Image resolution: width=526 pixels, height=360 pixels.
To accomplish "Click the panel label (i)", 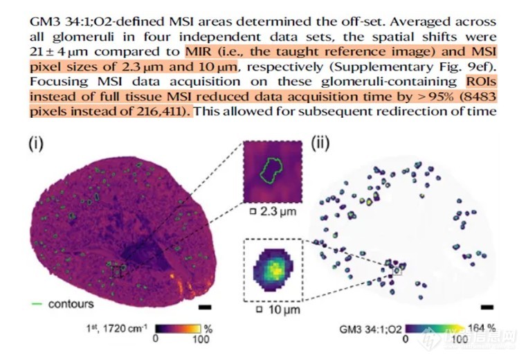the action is tap(36, 143).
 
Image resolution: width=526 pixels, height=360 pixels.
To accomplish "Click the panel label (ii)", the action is tap(320, 143).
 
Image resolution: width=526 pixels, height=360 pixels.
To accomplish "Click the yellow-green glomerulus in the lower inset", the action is tap(273, 271).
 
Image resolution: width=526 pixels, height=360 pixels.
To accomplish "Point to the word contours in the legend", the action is tap(71, 304).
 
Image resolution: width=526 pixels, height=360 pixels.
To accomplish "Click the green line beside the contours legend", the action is tap(37, 304).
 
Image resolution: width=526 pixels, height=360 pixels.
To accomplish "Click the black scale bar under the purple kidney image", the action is tap(205, 307).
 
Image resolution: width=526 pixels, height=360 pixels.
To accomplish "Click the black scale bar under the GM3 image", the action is tap(487, 307).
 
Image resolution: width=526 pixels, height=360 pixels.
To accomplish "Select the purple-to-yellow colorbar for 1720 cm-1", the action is tap(178, 328).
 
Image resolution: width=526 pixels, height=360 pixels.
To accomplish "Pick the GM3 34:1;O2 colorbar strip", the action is tap(435, 328).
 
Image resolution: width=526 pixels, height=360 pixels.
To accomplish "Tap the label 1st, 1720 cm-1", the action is tap(117, 328).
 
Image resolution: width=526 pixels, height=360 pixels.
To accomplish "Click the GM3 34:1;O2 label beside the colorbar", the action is tap(370, 329).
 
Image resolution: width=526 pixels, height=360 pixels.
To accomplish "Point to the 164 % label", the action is tap(482, 327).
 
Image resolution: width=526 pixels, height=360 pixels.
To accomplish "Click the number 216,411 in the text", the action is tap(161, 111).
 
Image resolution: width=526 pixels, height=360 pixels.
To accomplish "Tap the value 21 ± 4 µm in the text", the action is tap(59, 52).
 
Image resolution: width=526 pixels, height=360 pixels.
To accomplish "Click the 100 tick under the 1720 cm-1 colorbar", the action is tap(201, 339).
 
